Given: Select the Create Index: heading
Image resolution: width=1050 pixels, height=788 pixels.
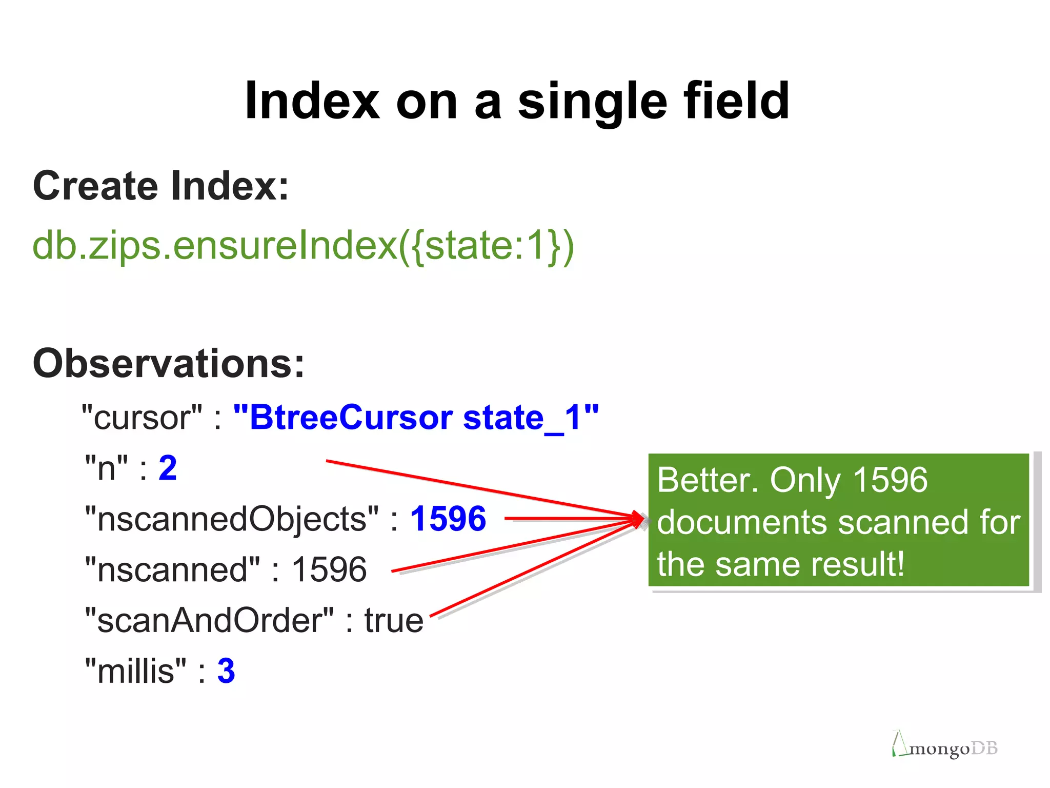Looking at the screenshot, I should (161, 186).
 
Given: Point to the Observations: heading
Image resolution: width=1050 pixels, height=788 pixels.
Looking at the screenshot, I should (169, 363).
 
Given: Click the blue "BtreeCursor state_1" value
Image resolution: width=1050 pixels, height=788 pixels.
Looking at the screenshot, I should (416, 417).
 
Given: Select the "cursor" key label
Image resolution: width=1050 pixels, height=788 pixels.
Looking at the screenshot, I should (142, 418).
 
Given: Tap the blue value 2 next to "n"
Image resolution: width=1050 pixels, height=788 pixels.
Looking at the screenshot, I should (168, 468).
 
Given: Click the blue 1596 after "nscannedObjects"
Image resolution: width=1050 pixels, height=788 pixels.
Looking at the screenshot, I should (448, 519).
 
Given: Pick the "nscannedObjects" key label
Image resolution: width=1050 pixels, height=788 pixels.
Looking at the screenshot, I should (232, 519).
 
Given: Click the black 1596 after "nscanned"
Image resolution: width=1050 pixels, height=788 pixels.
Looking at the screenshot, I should (329, 569).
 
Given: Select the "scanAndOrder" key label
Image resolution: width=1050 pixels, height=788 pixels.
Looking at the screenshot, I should (209, 620).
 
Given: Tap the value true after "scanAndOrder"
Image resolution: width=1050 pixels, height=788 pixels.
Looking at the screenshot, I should (394, 620).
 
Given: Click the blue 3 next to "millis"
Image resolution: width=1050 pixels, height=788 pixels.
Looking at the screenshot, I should (226, 671).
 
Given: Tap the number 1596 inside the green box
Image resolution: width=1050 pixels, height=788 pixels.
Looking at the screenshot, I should (890, 480).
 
